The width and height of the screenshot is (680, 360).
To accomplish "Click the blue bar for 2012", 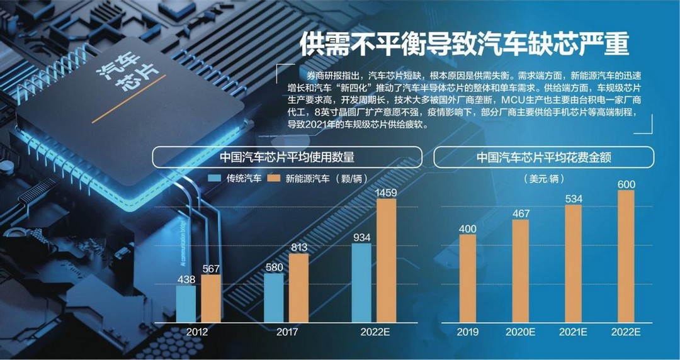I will (186, 303).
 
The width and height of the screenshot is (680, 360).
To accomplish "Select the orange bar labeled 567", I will (212, 298).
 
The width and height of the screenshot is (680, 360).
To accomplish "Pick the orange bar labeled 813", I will (299, 287).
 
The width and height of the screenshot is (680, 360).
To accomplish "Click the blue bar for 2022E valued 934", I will (361, 282).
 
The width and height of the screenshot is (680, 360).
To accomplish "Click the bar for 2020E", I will (520, 271).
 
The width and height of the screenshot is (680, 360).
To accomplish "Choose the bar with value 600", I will (626, 256).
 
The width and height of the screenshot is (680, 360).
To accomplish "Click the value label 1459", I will (387, 191).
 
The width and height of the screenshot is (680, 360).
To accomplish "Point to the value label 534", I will (573, 199).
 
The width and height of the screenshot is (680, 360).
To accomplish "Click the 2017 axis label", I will (286, 332).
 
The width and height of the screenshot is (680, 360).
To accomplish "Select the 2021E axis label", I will (573, 332).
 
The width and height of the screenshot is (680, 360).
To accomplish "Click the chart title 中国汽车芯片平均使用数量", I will (286, 157).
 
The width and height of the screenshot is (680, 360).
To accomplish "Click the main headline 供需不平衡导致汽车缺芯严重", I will (464, 45).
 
